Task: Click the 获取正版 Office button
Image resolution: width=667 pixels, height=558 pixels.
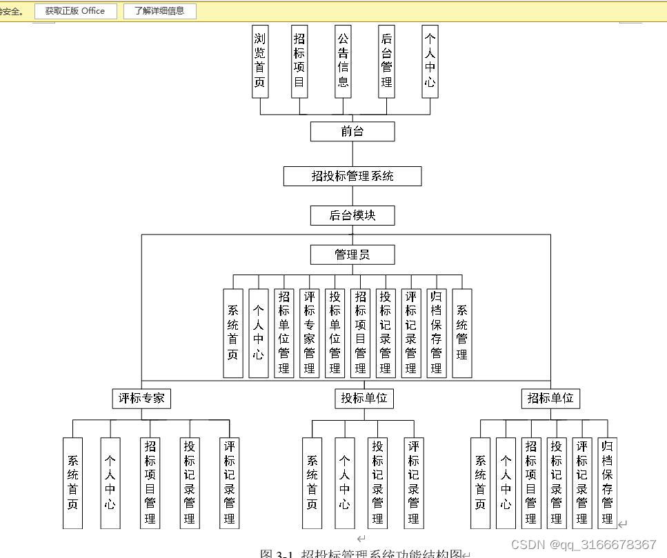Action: (x=75, y=11)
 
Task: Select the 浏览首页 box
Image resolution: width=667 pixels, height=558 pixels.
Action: (x=260, y=62)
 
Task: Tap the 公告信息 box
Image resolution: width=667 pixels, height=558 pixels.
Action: (x=343, y=62)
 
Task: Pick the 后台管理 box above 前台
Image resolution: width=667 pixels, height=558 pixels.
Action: (x=386, y=62)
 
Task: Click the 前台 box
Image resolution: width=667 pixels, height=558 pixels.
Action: (x=352, y=132)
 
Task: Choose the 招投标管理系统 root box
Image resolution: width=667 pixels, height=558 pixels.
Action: (x=352, y=176)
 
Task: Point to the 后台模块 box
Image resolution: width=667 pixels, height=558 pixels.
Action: (x=352, y=216)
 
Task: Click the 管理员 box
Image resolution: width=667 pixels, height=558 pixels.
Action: (x=352, y=255)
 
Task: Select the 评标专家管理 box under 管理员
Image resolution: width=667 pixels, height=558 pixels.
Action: (x=309, y=333)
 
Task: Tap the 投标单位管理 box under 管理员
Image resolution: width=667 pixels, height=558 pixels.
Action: (x=335, y=333)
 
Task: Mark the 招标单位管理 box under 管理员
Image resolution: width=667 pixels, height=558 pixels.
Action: (x=283, y=333)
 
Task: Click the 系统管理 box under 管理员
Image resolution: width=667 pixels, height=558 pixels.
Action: (x=461, y=333)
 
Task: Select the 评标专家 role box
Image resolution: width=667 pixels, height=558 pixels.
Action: (x=141, y=398)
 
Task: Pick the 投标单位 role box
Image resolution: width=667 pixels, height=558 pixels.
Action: (x=364, y=398)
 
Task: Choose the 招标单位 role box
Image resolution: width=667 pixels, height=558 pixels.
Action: (x=550, y=398)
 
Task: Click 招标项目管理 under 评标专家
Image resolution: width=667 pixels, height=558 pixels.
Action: (x=150, y=483)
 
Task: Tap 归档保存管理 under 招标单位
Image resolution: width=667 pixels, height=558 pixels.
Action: (x=607, y=483)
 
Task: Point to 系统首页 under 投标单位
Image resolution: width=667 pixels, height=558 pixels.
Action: (x=312, y=483)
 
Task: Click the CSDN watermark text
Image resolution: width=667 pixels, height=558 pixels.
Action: (x=584, y=545)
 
